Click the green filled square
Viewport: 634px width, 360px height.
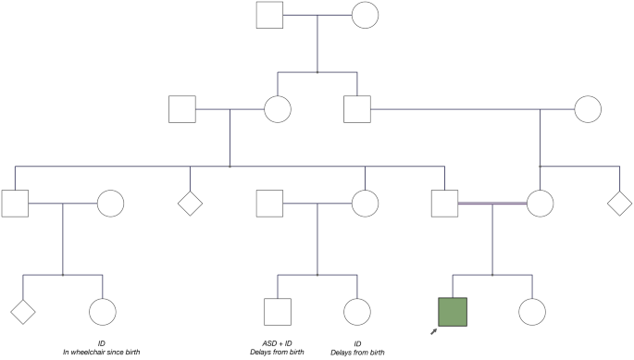[x=452, y=312]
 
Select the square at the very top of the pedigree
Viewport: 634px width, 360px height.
[x=267, y=16]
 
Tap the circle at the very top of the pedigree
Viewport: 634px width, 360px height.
[x=364, y=16]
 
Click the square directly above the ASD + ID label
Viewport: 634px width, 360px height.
[x=279, y=312]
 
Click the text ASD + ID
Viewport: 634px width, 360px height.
[x=280, y=343]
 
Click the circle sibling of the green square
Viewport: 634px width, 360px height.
[x=531, y=312]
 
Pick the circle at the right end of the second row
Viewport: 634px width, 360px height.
[x=588, y=109]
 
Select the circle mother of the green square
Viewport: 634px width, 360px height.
[x=541, y=203]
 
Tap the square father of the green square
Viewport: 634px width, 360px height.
[x=445, y=203]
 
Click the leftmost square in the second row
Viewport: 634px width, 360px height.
[x=182, y=109]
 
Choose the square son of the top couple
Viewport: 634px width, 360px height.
[x=357, y=109]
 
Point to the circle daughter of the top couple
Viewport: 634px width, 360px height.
[x=278, y=109]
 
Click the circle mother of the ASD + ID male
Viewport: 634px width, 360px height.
[x=365, y=203]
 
